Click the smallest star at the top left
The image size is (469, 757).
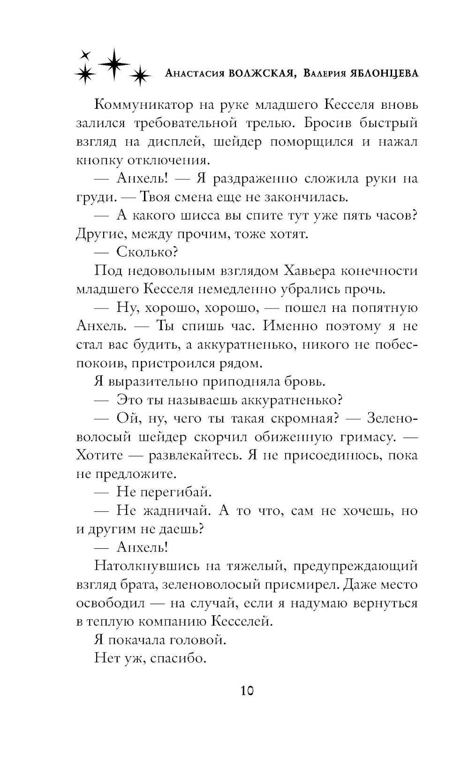[x=85, y=54]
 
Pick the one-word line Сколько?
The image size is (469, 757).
[x=146, y=252]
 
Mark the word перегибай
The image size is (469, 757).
[x=176, y=492]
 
